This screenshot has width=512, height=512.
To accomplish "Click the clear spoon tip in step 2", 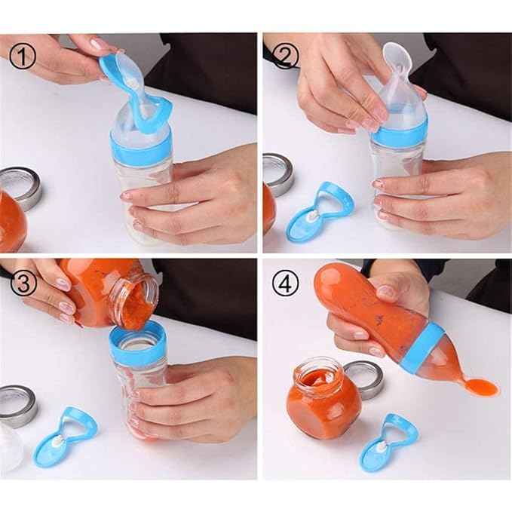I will (397, 57).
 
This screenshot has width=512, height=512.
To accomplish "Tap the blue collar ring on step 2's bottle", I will (400, 134).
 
